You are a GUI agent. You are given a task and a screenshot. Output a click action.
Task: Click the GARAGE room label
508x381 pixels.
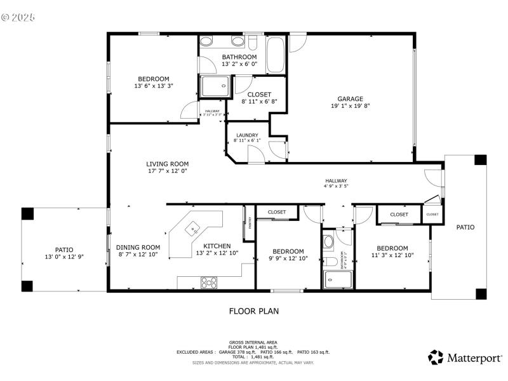coord(350,98)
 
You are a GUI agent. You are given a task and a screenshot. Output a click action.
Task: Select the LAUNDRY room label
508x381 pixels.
coord(247,135)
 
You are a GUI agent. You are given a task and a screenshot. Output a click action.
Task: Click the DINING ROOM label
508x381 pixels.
coord(138,247)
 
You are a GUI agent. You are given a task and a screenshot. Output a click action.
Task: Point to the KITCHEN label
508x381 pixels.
coord(217,246)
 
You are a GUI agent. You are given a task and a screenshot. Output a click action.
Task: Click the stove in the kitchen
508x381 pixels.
coord(209,282)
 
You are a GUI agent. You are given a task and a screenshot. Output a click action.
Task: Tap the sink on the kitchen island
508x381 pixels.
coord(194,227)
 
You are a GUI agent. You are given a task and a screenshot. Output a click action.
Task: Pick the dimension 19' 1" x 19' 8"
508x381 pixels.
coord(350,107)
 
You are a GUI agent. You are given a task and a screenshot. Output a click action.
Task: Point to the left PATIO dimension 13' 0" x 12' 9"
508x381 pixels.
coord(64,257)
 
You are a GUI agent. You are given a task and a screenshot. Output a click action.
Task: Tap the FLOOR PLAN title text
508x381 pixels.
coord(253,311)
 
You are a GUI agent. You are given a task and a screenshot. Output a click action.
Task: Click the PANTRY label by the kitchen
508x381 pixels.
coord(250,222)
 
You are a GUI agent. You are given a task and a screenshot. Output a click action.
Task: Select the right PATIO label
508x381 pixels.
coord(464,227)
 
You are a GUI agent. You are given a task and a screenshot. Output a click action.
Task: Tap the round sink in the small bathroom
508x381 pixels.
coord(328,241)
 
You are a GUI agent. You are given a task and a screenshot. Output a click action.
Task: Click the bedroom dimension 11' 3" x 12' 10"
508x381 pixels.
coord(392,255)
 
